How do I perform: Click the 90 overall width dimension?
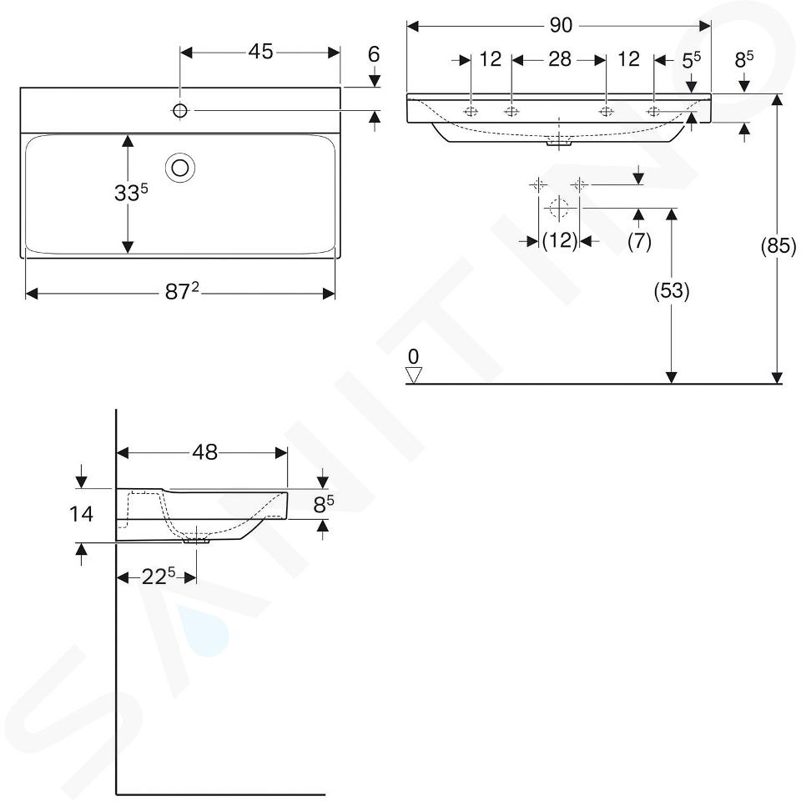pyautogui.click(x=561, y=26)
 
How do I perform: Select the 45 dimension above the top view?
pyautogui.click(x=260, y=52)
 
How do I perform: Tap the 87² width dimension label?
pyautogui.click(x=182, y=292)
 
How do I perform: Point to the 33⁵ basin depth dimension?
pyautogui.click(x=131, y=193)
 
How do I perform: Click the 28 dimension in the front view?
pyautogui.click(x=559, y=60)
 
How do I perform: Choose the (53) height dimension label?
pyautogui.click(x=672, y=290)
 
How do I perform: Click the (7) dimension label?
pyautogui.click(x=639, y=241)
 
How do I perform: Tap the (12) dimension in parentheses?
pyautogui.click(x=560, y=240)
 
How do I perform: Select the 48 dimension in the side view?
pyautogui.click(x=205, y=452)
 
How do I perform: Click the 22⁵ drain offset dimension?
pyautogui.click(x=159, y=577)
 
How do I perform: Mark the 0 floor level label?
pyautogui.click(x=413, y=356)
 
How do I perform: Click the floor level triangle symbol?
pyautogui.click(x=413, y=375)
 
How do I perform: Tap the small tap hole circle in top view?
pyautogui.click(x=180, y=110)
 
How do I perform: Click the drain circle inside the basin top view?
pyautogui.click(x=180, y=168)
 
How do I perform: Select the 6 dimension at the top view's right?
pyautogui.click(x=374, y=55)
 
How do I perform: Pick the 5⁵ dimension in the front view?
pyautogui.click(x=691, y=61)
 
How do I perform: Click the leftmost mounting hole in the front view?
pyautogui.click(x=471, y=111)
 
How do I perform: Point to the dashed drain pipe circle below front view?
pyautogui.click(x=559, y=208)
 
